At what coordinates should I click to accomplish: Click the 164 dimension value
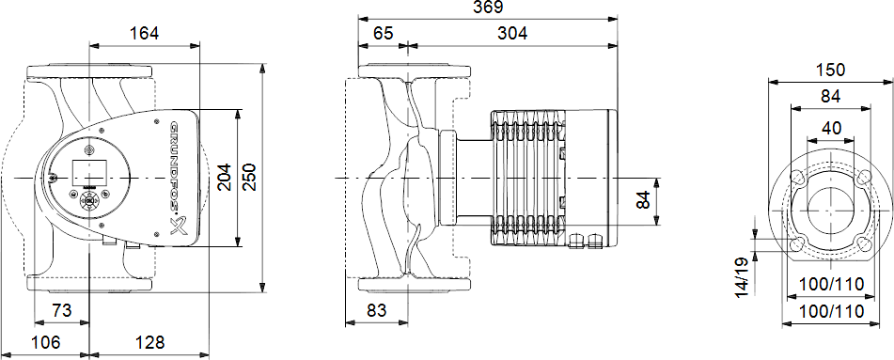[144, 34]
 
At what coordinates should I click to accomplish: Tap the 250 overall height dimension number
[251, 178]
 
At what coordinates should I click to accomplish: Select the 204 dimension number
[225, 178]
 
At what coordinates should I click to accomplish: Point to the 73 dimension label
[62, 311]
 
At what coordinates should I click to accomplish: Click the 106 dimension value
[45, 343]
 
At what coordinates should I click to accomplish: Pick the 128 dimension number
[150, 343]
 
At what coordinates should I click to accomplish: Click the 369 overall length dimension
[488, 8]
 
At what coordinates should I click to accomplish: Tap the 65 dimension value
[384, 34]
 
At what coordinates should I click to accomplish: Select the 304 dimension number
[512, 34]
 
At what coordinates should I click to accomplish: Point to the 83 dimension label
[377, 311]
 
